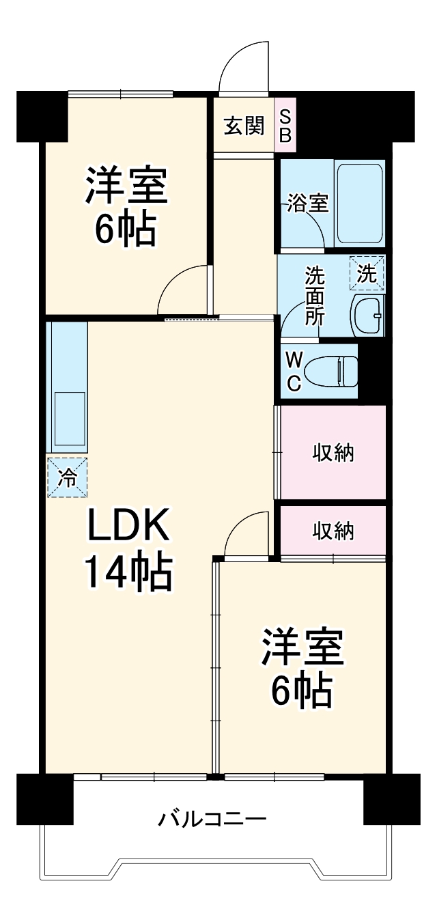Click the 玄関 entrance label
244,126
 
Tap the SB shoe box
285,126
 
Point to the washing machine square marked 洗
367,273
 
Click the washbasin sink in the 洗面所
367,315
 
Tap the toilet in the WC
330,373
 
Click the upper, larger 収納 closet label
333,452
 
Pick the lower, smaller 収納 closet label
333,531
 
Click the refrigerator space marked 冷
67,477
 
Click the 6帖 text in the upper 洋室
126,230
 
